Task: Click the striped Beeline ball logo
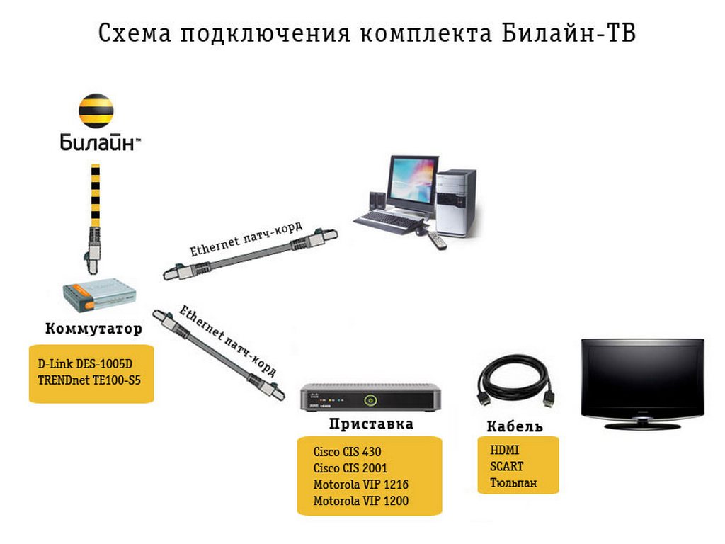pos(96,110)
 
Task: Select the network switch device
pos(100,294)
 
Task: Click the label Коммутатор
pos(93,329)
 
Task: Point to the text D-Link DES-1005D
pos(85,363)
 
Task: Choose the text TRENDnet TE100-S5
pos(89,380)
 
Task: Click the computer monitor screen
pos(411,181)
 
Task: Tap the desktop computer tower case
pos(455,203)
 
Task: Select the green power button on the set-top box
pos(370,399)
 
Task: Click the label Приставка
pos(371,424)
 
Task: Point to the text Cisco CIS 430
pos(347,451)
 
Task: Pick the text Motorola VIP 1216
pos(360,484)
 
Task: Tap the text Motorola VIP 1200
pos(360,501)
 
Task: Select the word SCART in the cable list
pos(507,466)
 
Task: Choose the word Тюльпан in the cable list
pos(513,483)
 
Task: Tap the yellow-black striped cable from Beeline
pos(96,195)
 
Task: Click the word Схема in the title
pos(135,33)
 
